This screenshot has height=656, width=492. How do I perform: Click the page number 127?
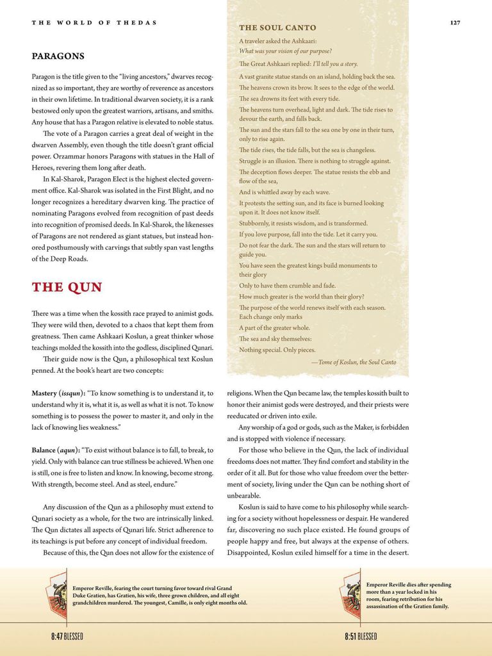tap(455, 22)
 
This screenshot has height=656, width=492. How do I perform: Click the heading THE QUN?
tap(67, 287)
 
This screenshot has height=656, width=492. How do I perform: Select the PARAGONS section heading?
tap(58, 56)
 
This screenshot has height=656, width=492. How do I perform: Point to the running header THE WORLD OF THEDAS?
tap(94, 23)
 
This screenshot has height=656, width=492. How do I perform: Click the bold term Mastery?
tap(44, 393)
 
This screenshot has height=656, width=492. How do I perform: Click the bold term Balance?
tap(44, 450)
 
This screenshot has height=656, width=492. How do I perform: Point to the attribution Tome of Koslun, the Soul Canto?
tap(354, 362)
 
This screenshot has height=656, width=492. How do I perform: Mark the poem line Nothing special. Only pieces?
tap(277, 350)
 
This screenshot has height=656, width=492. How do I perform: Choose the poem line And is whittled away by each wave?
tap(284, 192)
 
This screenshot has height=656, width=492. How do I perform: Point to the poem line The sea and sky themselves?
tap(275, 339)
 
